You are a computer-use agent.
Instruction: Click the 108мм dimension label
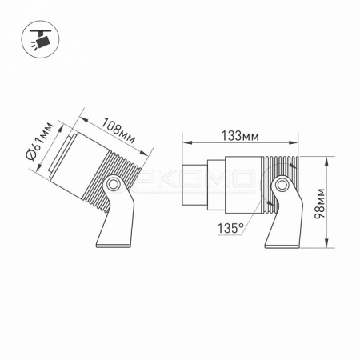(x=118, y=130)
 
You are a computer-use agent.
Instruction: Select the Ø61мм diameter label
(x=39, y=142)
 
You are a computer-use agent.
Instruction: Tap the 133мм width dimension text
(x=240, y=136)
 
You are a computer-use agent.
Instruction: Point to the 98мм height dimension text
(x=319, y=203)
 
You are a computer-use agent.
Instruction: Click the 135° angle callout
(x=231, y=228)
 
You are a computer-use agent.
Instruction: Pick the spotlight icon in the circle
(x=40, y=39)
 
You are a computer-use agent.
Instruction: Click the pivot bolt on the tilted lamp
(x=113, y=184)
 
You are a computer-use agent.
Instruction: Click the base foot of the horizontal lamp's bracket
(x=282, y=244)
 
